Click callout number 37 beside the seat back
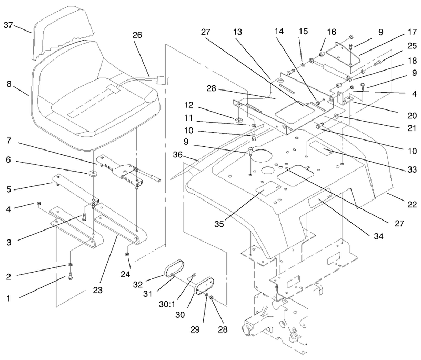click(8, 25)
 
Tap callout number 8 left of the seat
click(9, 84)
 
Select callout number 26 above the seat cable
click(137, 35)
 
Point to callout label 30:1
click(167, 304)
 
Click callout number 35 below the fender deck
click(219, 224)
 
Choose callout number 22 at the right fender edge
click(412, 204)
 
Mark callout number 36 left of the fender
click(177, 155)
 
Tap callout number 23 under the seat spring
click(98, 290)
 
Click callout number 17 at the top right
click(412, 32)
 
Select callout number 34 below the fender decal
click(378, 236)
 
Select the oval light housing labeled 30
click(205, 287)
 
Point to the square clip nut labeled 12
click(237, 119)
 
